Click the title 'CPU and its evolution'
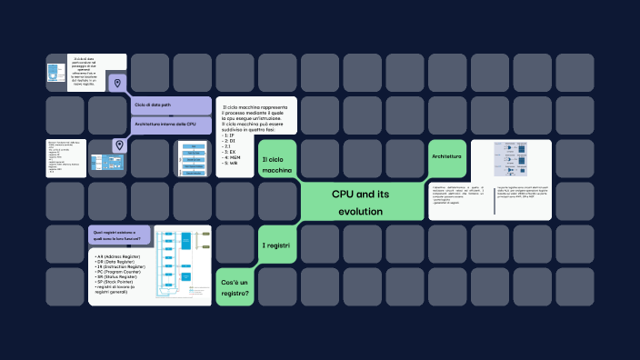(361, 203)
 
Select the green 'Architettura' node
(446, 157)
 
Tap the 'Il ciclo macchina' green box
(276, 165)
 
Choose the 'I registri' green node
(275, 246)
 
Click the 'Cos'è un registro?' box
(235, 288)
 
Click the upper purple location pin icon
(117, 84)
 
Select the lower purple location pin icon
(118, 145)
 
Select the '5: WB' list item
(230, 164)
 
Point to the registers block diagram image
(183, 261)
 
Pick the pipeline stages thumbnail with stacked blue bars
(193, 159)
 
